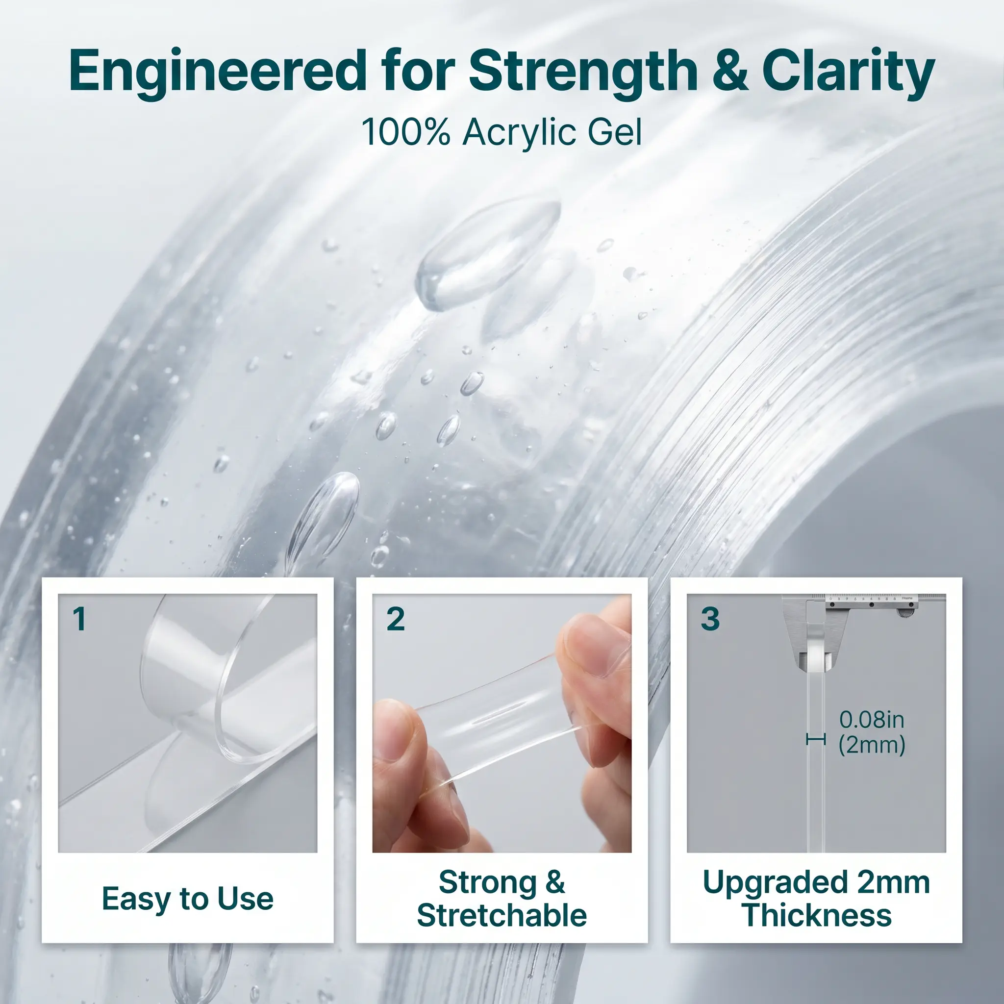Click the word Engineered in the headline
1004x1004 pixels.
click(218, 71)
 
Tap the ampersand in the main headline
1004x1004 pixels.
click(729, 71)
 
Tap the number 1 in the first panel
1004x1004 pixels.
click(79, 619)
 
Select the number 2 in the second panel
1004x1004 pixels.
click(396, 619)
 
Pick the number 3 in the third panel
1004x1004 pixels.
click(710, 619)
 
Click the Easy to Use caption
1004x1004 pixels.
click(188, 899)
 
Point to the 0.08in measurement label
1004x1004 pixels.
click(872, 720)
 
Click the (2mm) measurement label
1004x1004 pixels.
click(872, 745)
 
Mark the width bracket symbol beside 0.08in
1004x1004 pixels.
click(815, 739)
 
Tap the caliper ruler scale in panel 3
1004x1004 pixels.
click(872, 599)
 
